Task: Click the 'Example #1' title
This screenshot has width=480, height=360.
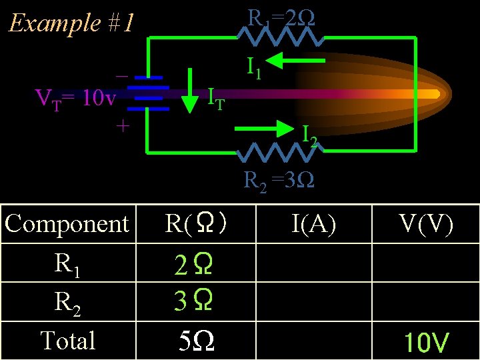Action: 71,23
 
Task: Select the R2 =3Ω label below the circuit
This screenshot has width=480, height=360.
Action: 279,179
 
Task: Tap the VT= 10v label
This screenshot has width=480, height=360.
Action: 75,99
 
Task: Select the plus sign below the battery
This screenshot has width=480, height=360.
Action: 122,125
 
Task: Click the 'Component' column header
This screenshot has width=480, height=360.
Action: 67,224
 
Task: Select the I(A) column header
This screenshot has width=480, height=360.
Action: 313,225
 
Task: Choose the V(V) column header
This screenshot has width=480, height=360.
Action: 427,225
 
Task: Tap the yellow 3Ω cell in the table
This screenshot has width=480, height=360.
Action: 194,302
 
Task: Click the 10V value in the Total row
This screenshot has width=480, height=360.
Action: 426,343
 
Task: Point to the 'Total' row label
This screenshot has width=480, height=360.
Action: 67,340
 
